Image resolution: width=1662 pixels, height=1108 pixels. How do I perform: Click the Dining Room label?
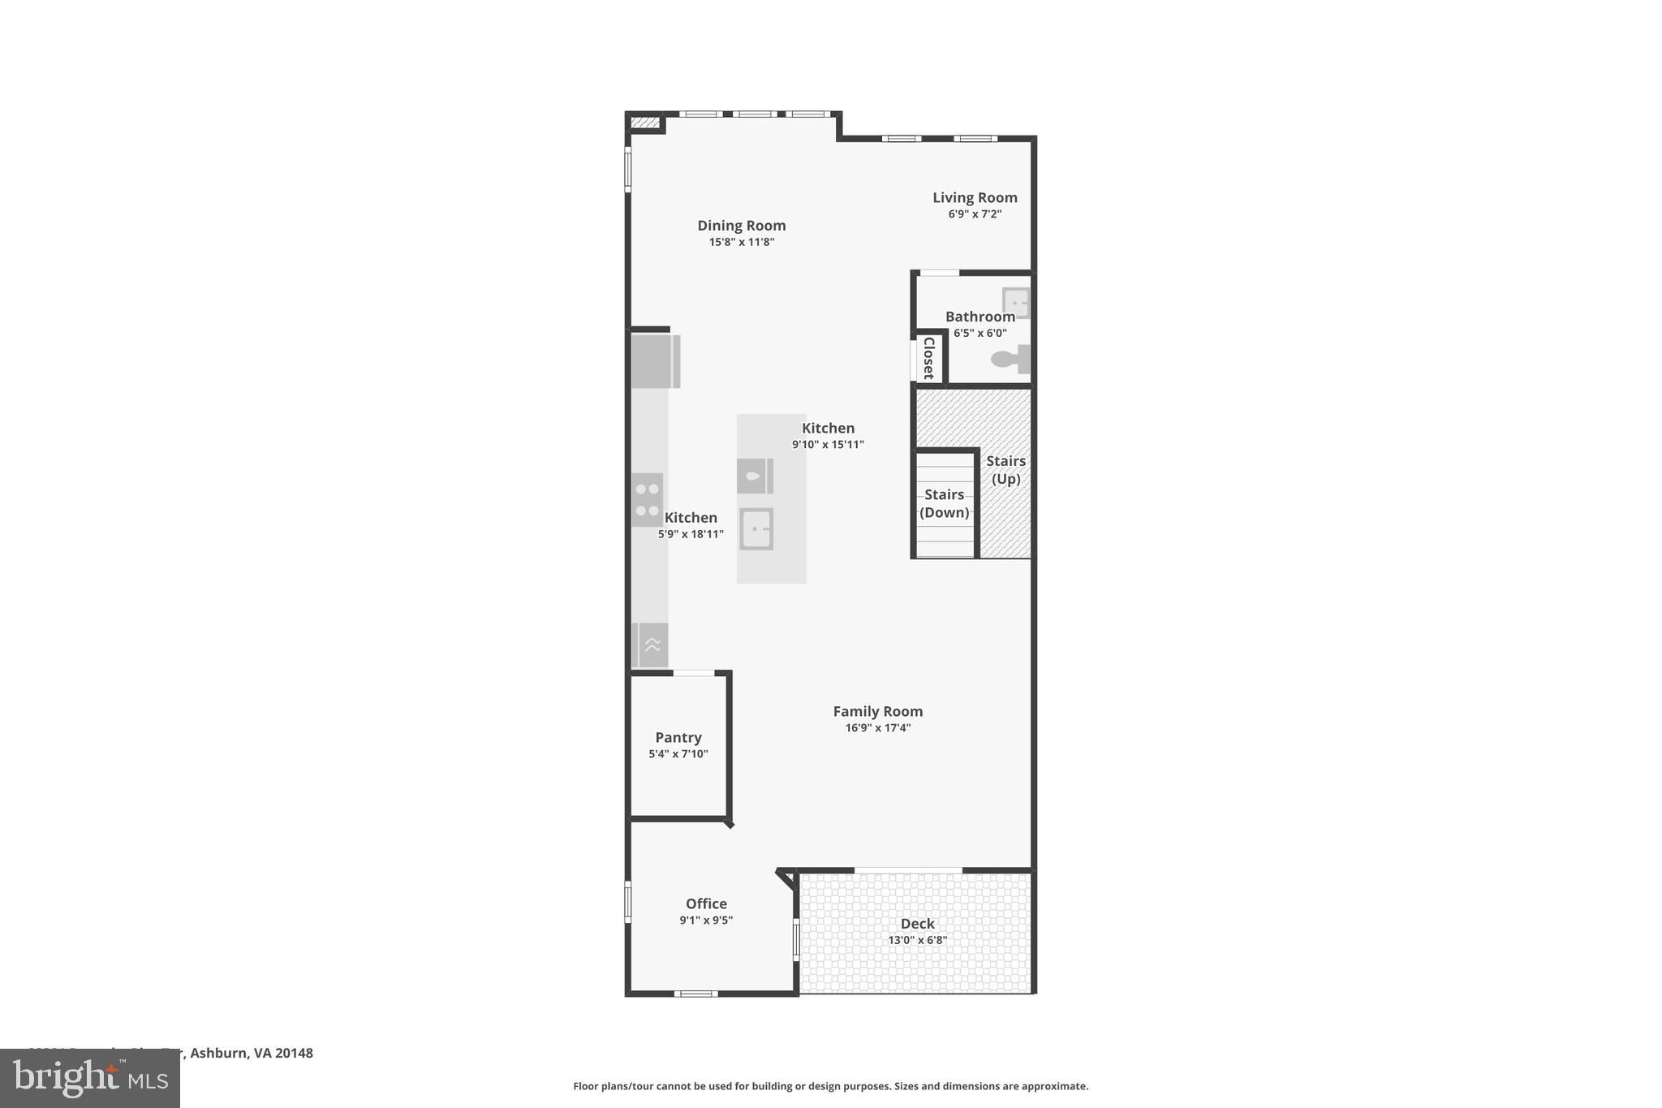pos(742,226)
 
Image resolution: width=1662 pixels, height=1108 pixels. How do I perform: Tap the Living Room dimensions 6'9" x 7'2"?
pos(975,214)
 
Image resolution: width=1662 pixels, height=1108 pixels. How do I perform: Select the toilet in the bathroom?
pos(1009,359)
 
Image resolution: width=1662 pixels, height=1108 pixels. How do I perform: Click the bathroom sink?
pos(1016,303)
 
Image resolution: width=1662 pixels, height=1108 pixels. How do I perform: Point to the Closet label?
pos(929,358)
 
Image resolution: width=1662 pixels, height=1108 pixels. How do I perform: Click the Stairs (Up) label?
pos(1005,470)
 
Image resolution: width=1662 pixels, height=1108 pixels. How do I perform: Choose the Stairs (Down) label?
pos(944,503)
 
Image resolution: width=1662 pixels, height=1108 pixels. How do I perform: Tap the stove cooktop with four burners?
pos(648,499)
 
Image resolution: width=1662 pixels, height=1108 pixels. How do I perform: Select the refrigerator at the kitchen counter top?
pos(655,361)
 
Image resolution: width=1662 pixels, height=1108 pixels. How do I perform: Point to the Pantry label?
pos(678,737)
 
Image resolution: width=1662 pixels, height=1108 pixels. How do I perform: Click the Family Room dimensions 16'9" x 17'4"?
pos(878,728)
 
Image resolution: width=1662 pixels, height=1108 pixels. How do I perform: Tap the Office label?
pos(706,903)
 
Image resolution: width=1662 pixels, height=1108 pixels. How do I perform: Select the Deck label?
pos(917,923)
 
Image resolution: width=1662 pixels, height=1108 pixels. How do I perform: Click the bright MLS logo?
pos(90,1078)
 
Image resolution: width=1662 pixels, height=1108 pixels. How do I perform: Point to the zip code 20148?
pos(294,1053)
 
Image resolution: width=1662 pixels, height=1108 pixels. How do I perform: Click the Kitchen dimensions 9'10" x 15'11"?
pos(828,445)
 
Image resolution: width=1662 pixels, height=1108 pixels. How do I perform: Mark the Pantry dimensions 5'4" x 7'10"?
pos(678,754)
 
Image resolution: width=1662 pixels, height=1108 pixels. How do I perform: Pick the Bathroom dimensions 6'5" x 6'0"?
pos(980,333)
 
